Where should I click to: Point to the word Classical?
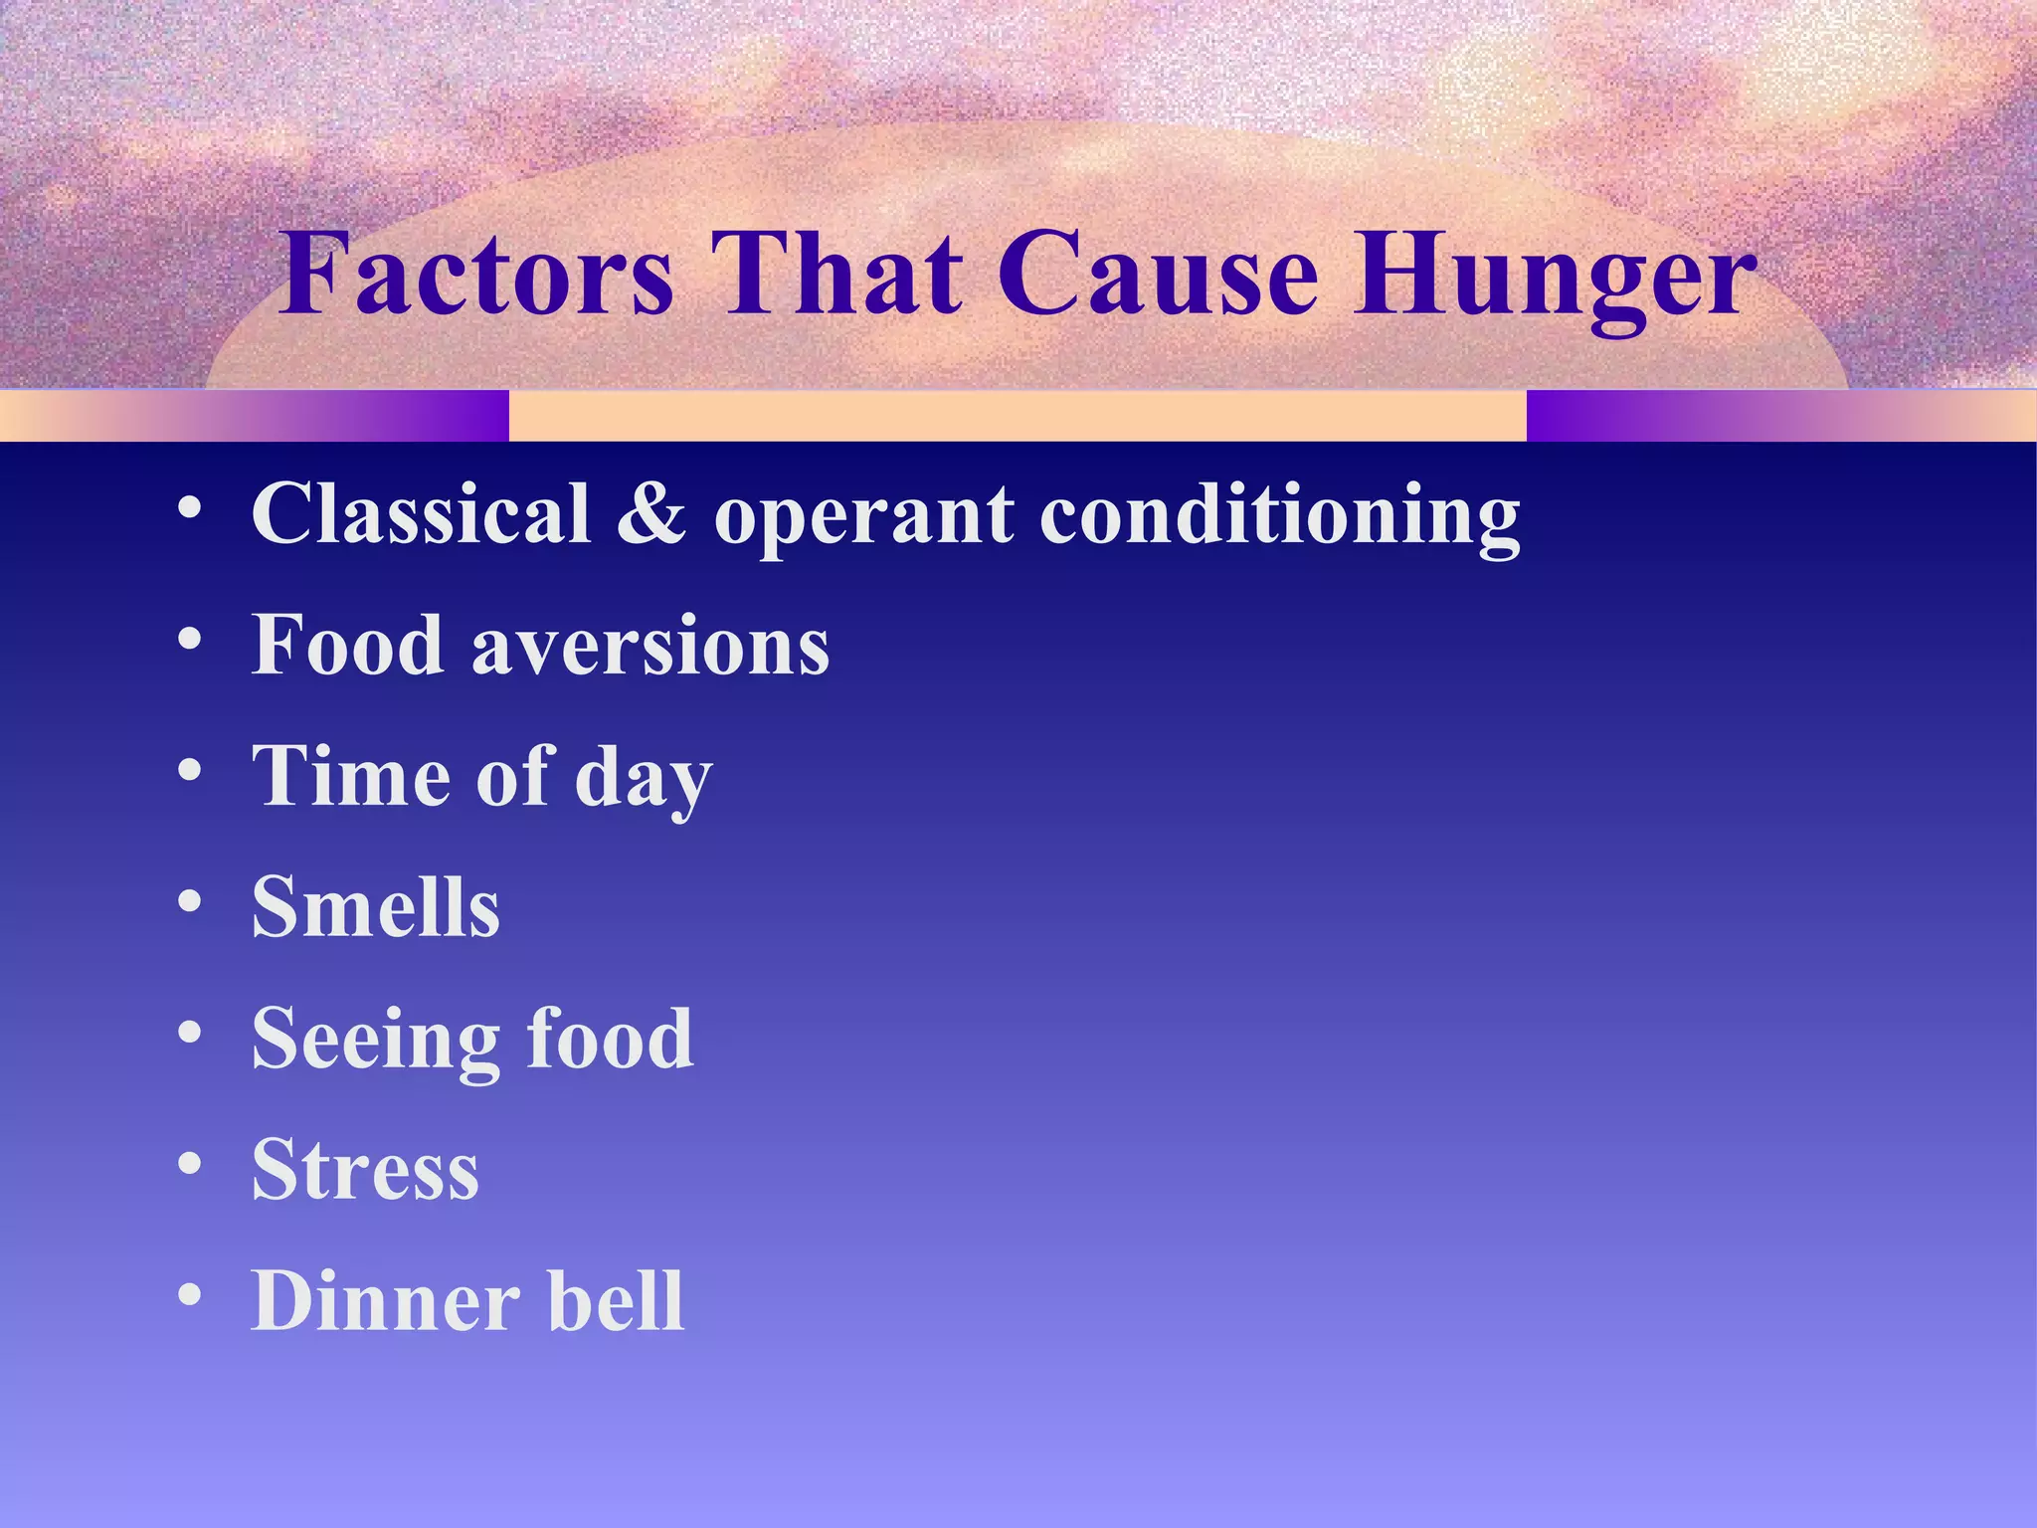[x=422, y=513]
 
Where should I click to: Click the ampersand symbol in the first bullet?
[x=651, y=513]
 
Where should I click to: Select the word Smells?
[x=376, y=907]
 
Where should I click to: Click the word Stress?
[x=365, y=1170]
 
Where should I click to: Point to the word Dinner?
[x=386, y=1301]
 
